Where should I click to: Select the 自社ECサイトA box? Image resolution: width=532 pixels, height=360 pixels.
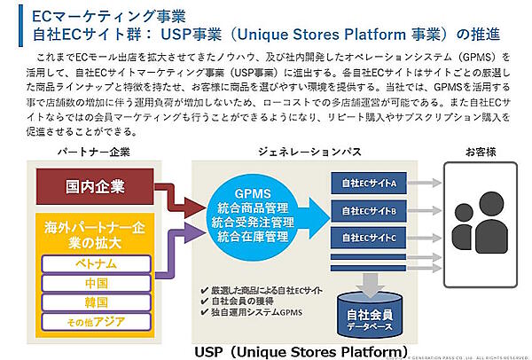click(x=368, y=184)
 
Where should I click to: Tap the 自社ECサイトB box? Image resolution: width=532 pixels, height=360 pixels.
click(x=368, y=211)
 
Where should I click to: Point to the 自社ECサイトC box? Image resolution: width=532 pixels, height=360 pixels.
click(x=368, y=239)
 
